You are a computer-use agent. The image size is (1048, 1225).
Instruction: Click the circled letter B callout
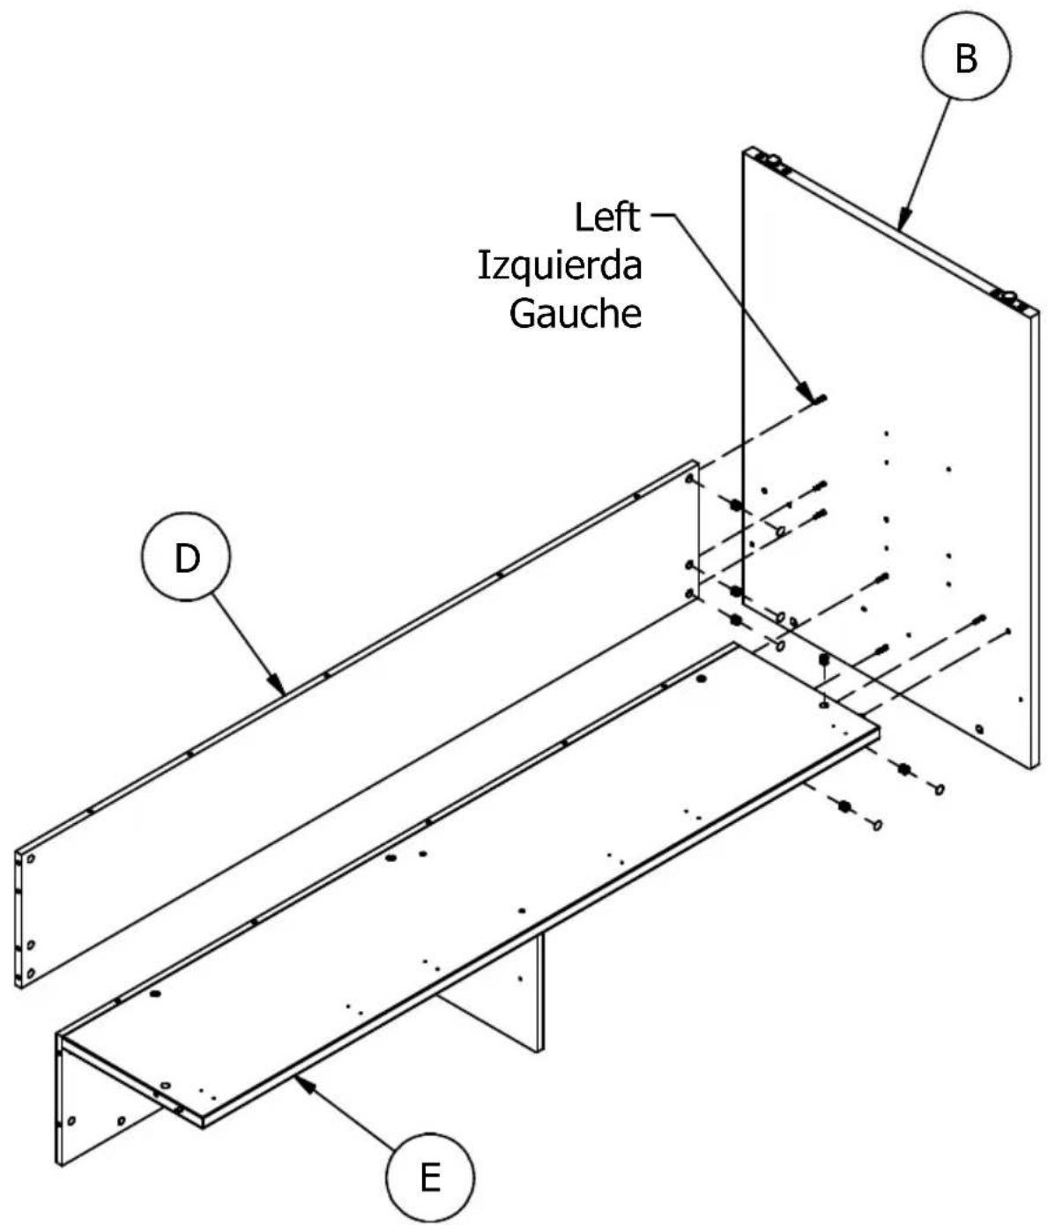(966, 56)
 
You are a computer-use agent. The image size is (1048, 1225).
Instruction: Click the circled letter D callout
(186, 557)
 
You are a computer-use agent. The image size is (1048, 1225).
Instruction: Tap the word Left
(607, 217)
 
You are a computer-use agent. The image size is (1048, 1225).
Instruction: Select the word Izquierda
(560, 265)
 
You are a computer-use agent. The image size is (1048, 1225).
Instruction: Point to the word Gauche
(575, 313)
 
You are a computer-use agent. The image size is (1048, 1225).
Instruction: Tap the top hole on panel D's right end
(689, 478)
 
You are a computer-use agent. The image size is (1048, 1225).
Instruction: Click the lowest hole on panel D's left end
(31, 973)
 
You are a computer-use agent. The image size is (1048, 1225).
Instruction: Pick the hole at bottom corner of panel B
(979, 729)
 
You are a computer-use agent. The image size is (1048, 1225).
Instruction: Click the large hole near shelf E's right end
(702, 679)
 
